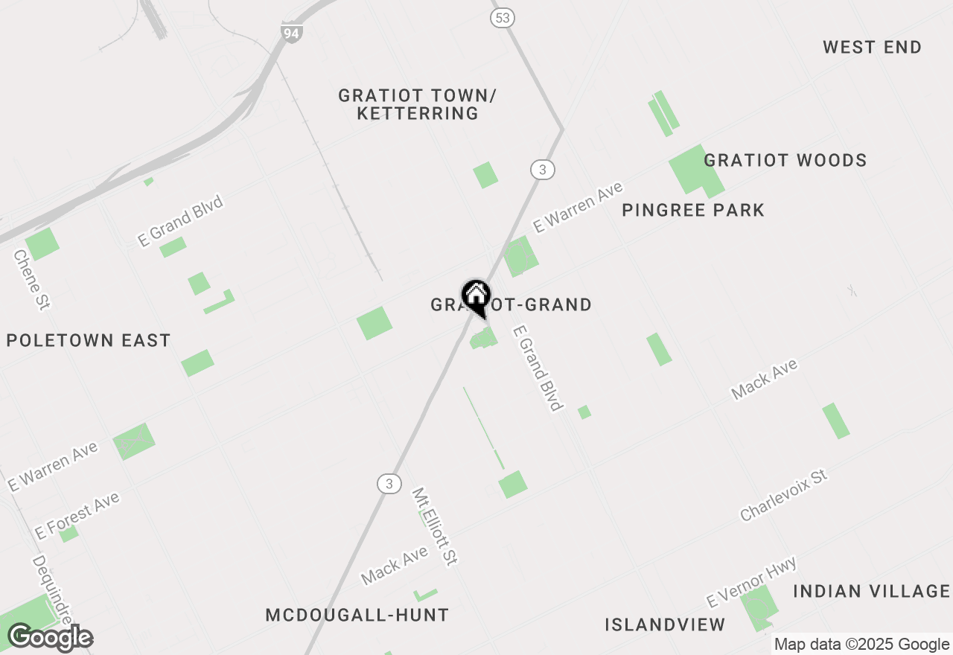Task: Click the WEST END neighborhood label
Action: (872, 48)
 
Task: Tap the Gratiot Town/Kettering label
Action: (417, 105)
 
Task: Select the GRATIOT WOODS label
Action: (785, 161)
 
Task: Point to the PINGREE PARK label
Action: (693, 211)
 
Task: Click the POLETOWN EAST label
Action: (89, 341)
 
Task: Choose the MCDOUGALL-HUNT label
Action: (357, 616)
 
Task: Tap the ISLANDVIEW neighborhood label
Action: (665, 625)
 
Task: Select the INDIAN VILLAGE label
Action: (871, 592)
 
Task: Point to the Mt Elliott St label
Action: (434, 527)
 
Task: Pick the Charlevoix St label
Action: (783, 495)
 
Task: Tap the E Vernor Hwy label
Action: (751, 582)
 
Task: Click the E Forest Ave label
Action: (77, 516)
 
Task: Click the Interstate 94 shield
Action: (292, 33)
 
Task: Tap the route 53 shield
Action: (503, 18)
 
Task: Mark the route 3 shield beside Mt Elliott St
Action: (389, 484)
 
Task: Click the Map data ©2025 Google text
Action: (861, 645)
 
